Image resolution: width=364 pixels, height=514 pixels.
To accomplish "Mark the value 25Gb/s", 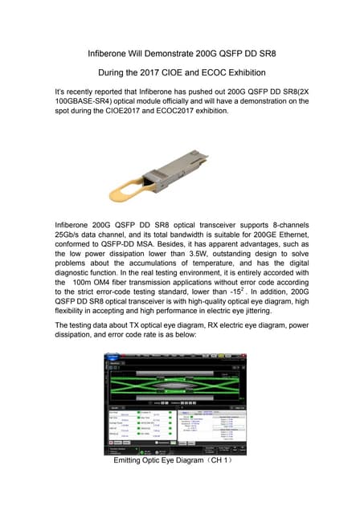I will pos(73,233).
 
